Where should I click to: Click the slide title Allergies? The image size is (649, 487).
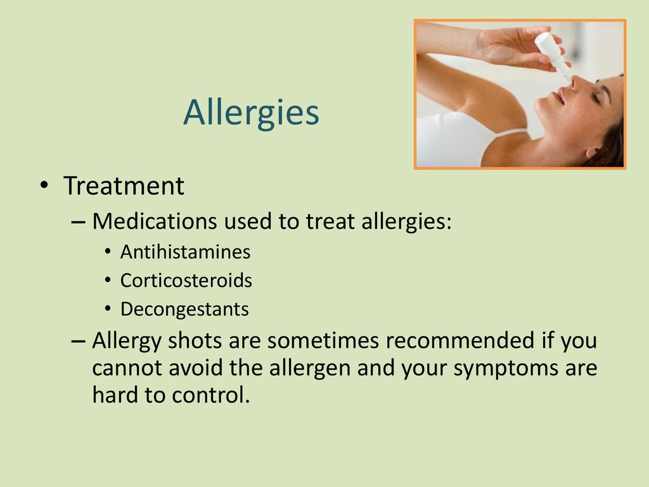coord(251,113)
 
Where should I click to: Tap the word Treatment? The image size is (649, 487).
coord(124,186)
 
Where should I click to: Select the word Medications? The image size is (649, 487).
coord(155,221)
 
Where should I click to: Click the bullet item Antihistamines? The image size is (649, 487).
coord(186,252)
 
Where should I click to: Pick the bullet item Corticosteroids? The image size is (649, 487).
coord(186,280)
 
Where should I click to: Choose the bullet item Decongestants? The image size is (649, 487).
coord(184,309)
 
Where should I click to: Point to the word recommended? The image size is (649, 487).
coord(461,341)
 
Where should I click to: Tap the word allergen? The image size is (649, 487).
coord(310,368)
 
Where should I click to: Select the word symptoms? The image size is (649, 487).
coord(506,368)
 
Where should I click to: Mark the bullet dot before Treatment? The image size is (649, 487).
coord(44,185)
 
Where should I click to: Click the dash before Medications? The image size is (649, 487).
coord(78,222)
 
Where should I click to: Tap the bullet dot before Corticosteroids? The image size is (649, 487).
coord(108,280)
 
